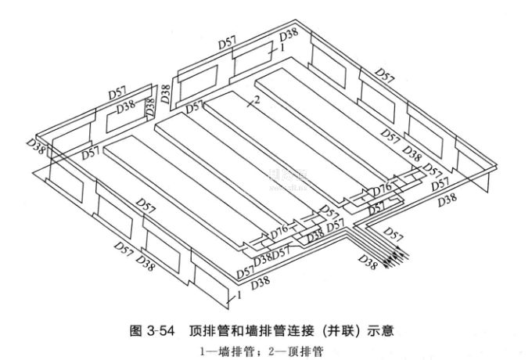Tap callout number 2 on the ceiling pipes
pos(255,100)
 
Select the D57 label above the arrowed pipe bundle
pos(394,233)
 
